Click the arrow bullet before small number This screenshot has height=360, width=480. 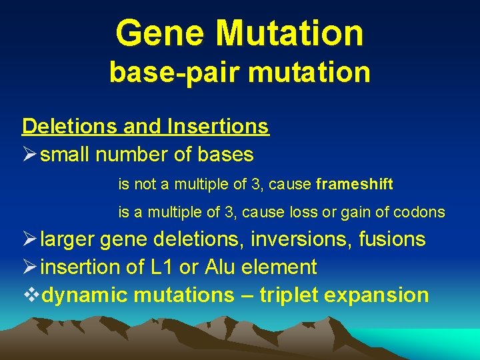[30, 155]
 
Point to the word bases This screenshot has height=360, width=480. [226, 155]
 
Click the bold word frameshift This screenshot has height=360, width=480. [355, 184]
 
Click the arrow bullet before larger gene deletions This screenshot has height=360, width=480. [30, 239]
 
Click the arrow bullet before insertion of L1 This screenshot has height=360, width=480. [30, 267]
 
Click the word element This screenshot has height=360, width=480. [281, 267]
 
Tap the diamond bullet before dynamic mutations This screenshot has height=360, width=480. [30, 295]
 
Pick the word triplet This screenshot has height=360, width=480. [291, 295]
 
